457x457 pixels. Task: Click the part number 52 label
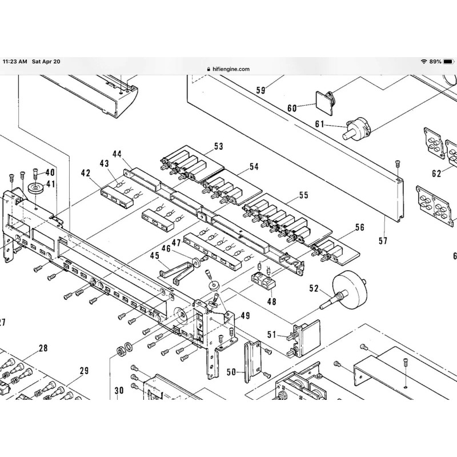[x=313, y=288]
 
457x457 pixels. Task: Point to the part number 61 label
[x=319, y=124]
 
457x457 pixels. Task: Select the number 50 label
[x=231, y=372]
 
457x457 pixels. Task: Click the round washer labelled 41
[x=36, y=188]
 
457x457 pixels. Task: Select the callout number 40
[x=50, y=172]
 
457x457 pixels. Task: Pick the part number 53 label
[x=219, y=147]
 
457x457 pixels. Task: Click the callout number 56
[x=359, y=227]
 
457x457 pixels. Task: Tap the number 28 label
[x=43, y=348]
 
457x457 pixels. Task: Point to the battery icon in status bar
[x=448, y=61]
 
